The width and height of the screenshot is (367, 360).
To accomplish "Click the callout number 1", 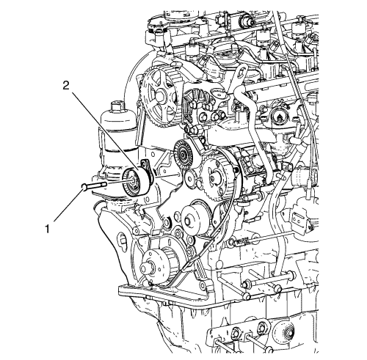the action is point(47,229).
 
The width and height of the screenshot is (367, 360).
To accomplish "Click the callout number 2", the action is point(66,86).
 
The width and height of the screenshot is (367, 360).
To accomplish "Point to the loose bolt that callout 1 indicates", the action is point(94,186).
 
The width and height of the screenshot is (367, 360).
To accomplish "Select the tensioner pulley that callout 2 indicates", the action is point(135,182).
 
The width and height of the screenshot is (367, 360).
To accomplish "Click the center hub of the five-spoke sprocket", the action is point(160,96).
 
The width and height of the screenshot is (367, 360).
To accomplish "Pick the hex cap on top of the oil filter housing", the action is point(117,107).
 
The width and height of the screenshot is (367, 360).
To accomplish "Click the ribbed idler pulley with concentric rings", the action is point(183,154).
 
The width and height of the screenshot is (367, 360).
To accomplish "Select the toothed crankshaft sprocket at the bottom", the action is point(153,266).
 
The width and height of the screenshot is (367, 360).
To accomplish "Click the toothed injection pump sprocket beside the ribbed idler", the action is point(214,177).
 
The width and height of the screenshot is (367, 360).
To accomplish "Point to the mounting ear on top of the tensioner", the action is point(146,164).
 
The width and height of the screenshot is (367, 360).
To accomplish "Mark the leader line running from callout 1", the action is point(67,205).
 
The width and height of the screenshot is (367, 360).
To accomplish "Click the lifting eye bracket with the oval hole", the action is point(238,76).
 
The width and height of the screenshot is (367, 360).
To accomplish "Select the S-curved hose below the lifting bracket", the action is point(255,132).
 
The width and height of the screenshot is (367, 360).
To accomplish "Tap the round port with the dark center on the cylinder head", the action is point(278,115).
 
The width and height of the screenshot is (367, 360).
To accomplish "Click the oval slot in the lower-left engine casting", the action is point(123,240).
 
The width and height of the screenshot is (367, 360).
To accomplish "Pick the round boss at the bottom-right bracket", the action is point(286,333).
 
